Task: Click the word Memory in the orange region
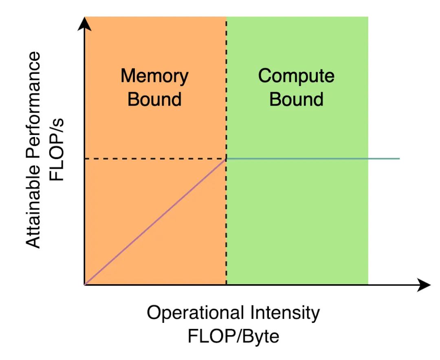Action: [154, 76]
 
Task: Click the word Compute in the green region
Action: [296, 76]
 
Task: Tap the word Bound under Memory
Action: [154, 99]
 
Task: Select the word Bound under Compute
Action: [296, 99]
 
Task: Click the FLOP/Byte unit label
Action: [233, 337]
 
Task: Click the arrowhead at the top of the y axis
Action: [84, 24]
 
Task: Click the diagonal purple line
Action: [155, 222]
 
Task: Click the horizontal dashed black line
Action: [155, 159]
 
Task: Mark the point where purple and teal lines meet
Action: [227, 159]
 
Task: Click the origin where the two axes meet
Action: [84, 285]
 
